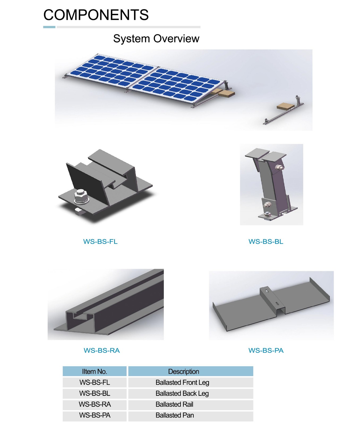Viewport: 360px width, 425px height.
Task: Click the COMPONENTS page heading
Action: point(96,15)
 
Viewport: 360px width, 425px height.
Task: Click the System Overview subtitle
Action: point(156,39)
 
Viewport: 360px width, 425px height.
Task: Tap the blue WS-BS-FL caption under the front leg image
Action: point(100,242)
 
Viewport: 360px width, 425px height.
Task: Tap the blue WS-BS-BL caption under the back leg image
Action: point(266,242)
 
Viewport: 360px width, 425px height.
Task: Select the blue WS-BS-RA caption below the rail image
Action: point(102,350)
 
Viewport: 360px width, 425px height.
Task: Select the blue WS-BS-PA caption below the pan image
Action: point(266,350)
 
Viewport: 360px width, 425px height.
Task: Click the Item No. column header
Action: point(95,371)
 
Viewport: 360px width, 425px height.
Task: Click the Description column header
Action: point(191,371)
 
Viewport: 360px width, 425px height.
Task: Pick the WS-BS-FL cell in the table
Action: point(95,382)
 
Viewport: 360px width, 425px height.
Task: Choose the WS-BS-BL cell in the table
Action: point(95,393)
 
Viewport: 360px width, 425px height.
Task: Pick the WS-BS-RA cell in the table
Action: point(95,404)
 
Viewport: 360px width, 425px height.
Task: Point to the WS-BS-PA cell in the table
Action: point(95,415)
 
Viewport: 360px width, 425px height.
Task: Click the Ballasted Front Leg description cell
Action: point(191,382)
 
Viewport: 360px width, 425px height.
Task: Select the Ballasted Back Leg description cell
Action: point(191,393)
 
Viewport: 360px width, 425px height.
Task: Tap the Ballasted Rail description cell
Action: point(191,404)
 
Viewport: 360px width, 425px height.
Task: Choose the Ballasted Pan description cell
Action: point(191,415)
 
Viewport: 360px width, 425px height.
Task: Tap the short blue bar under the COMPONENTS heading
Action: point(49,27)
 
